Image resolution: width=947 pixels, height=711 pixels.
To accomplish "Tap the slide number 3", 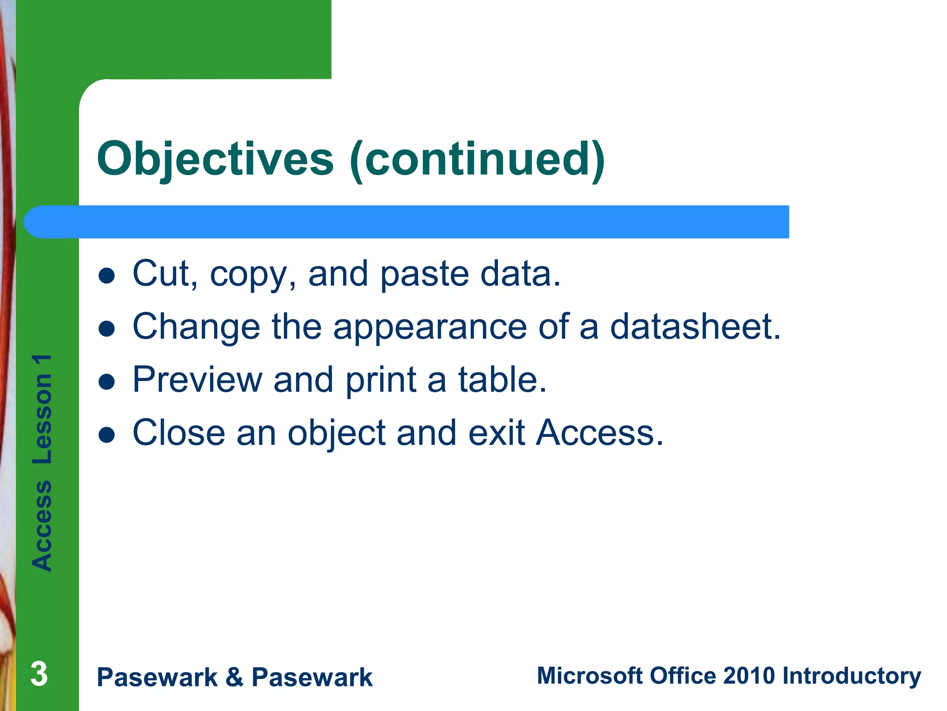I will pyautogui.click(x=39, y=674).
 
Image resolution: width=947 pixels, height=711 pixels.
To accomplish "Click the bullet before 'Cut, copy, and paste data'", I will pyautogui.click(x=107, y=275).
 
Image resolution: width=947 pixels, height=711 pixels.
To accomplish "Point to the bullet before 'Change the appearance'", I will pyautogui.click(x=107, y=329).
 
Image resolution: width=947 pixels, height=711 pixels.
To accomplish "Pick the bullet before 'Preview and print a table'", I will pyautogui.click(x=107, y=382).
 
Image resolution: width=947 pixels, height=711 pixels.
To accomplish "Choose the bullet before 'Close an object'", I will pyautogui.click(x=107, y=435).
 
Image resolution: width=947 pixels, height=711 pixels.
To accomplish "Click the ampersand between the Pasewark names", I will pyautogui.click(x=234, y=677).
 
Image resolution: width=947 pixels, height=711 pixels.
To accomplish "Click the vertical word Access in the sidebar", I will pyautogui.click(x=42, y=525).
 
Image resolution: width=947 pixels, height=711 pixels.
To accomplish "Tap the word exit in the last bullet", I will pyautogui.click(x=497, y=433).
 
